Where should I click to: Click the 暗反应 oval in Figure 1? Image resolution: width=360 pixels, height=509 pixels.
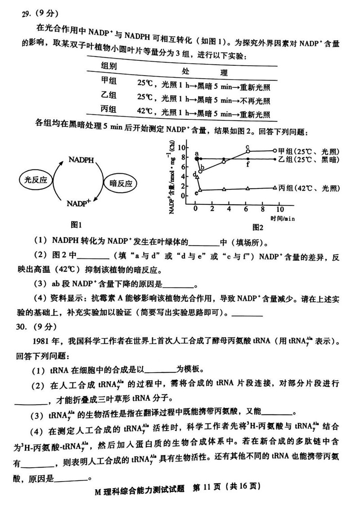tap(121, 184)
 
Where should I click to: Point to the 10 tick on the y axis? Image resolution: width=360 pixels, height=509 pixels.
tap(182, 148)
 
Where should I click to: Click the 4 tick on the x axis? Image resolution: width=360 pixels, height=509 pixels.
tap(229, 209)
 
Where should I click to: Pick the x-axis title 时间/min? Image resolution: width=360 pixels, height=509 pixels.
tap(283, 218)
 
